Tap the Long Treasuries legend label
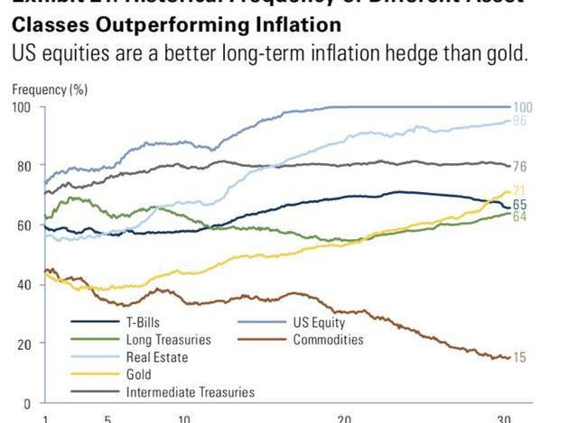[x=169, y=340]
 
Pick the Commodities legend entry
[x=328, y=340]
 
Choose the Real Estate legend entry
[x=158, y=357]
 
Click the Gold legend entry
[x=141, y=374]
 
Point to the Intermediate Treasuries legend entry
[x=191, y=391]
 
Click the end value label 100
[x=523, y=107]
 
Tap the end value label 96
[x=520, y=121]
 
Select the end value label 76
[x=520, y=167]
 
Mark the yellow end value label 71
[x=520, y=190]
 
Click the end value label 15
[x=520, y=358]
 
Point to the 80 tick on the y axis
[x=25, y=166]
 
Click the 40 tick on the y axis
[x=25, y=285]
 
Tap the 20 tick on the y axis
[x=25, y=344]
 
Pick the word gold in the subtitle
[x=507, y=52]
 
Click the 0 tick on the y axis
[x=28, y=403]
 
